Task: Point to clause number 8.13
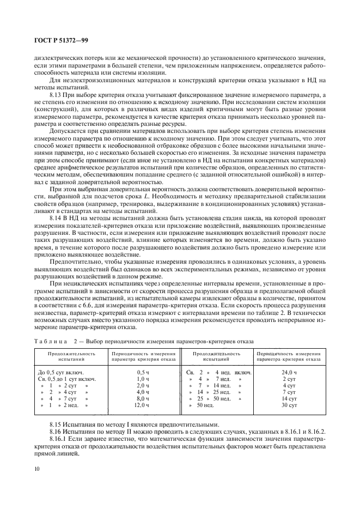click(x=57, y=94)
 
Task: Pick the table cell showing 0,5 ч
click(x=143, y=372)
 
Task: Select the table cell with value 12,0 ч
click(x=143, y=406)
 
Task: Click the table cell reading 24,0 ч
click(x=289, y=372)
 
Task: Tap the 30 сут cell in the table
click(x=289, y=406)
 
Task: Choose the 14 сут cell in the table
click(x=289, y=399)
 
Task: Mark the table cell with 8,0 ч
click(x=143, y=399)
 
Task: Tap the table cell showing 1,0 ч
click(x=143, y=379)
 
